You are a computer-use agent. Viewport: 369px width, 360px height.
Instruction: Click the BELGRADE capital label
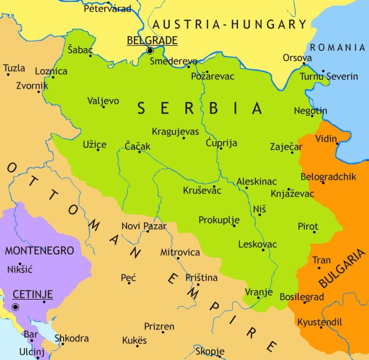click(152, 41)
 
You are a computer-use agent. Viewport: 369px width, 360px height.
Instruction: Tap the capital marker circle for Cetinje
click(16, 307)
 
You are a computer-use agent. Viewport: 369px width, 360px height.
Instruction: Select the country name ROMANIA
click(337, 47)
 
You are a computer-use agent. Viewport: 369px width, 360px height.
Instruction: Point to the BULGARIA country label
click(343, 269)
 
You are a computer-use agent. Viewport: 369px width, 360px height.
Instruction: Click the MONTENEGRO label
click(39, 250)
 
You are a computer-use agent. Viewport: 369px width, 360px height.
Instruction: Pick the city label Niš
click(259, 209)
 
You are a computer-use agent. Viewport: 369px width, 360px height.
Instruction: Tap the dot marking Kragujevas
click(184, 138)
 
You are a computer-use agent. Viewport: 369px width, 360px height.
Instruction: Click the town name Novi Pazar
click(144, 226)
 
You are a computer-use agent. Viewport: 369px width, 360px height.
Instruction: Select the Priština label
click(202, 277)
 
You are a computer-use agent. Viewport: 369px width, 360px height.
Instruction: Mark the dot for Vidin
click(337, 143)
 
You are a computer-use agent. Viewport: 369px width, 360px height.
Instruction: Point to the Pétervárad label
click(107, 8)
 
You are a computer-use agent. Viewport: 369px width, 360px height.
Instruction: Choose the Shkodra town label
click(72, 339)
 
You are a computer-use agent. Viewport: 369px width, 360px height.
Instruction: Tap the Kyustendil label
click(319, 322)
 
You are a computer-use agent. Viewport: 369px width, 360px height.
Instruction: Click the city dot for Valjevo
click(104, 107)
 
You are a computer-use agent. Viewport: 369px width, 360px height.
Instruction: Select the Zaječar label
click(286, 147)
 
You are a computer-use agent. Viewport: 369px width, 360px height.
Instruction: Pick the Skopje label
click(210, 351)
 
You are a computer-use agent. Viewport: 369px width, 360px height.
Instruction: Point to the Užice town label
click(95, 144)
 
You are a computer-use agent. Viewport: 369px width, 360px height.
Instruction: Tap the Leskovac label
click(258, 244)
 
